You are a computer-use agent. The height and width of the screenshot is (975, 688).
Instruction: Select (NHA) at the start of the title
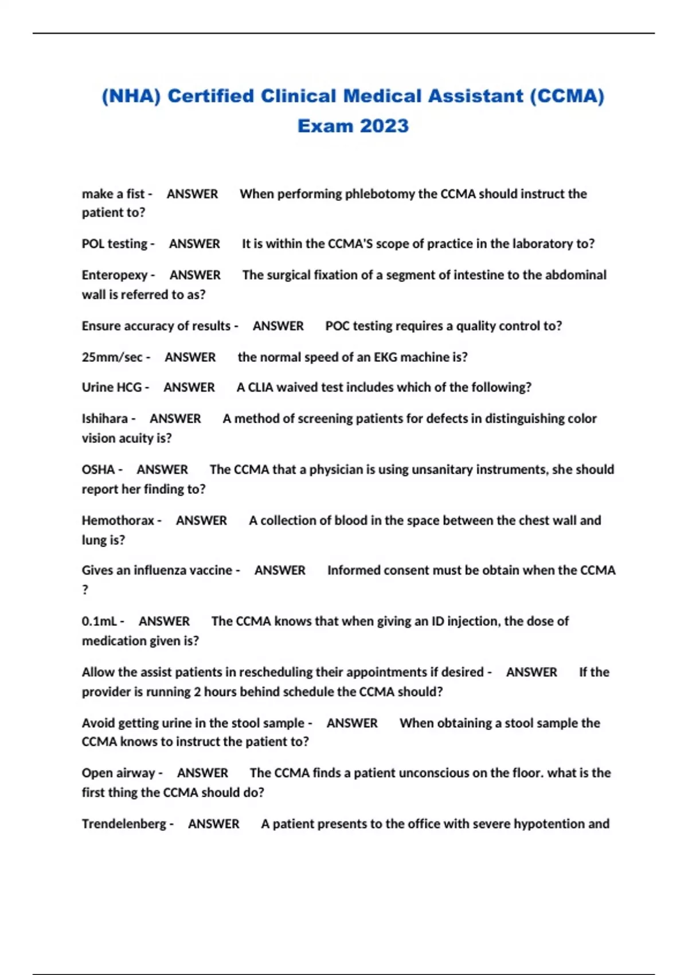131,96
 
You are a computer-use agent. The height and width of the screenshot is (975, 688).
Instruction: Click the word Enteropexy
115,275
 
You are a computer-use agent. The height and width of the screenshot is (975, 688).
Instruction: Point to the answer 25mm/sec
112,357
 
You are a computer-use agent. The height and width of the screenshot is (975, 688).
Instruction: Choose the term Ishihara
105,419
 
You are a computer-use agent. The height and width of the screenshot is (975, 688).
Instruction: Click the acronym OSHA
98,470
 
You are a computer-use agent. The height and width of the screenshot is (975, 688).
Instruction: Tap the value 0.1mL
99,621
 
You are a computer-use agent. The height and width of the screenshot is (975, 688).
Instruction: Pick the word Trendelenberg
124,824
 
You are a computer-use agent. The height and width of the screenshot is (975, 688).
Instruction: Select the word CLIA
261,388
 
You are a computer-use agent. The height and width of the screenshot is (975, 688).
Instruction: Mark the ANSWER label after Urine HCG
189,388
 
